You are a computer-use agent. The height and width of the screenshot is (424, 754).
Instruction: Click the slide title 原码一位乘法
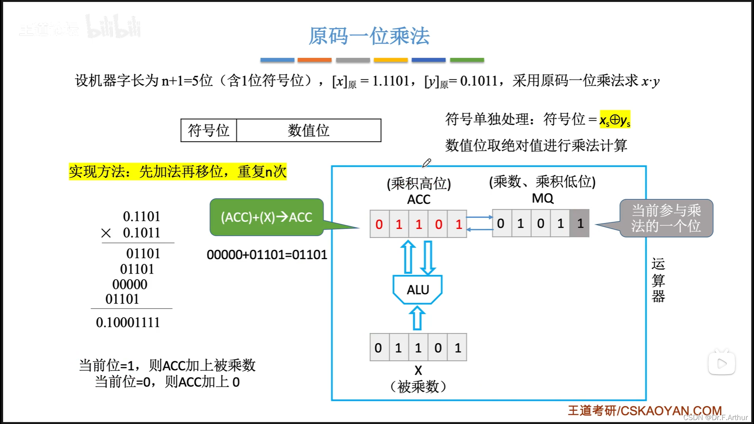tap(369, 36)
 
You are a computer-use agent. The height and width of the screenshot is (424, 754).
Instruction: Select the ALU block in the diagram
tap(417, 290)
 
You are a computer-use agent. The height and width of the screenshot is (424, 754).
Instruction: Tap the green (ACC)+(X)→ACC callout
tap(266, 217)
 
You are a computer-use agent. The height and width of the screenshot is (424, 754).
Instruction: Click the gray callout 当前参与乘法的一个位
tap(666, 218)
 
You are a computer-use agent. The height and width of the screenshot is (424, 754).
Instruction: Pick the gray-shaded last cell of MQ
tap(580, 223)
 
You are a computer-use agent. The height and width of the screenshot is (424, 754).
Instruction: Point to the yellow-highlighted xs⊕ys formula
tap(615, 119)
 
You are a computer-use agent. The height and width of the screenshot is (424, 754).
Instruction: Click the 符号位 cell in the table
tap(209, 130)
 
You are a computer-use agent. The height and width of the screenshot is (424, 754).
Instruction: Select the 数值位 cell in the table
tap(308, 130)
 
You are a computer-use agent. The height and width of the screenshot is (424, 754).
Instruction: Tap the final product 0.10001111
tap(128, 322)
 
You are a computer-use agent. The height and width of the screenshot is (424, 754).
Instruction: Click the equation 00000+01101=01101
tap(267, 255)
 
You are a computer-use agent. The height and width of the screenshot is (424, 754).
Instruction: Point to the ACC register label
tap(419, 199)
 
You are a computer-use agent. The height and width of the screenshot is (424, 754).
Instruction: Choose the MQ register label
tap(542, 198)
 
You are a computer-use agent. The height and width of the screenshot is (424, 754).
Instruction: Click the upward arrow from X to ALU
tap(417, 318)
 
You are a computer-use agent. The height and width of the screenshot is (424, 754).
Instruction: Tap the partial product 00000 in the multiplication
tap(130, 284)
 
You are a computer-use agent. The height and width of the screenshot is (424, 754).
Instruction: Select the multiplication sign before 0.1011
tap(106, 233)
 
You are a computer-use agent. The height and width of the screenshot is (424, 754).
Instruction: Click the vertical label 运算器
tap(658, 280)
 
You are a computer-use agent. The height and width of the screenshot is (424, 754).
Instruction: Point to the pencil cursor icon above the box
tap(426, 163)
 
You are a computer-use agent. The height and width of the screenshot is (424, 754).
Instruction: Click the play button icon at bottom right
tap(722, 364)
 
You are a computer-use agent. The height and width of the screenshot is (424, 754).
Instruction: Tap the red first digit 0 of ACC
tap(379, 224)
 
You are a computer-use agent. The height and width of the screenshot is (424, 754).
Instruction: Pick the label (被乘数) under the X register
tap(418, 387)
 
